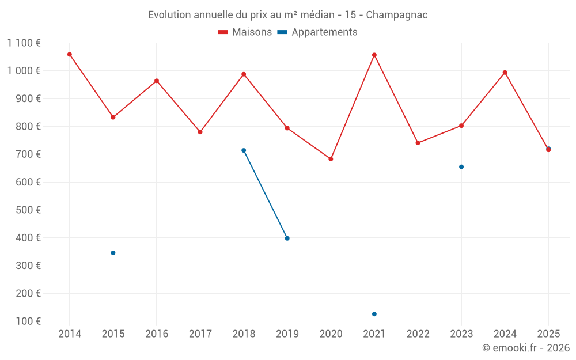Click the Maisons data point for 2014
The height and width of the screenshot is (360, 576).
point(70,55)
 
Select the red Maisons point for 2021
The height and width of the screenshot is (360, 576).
point(374,55)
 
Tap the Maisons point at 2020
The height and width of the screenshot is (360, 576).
point(331,159)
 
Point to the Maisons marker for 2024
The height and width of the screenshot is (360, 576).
point(505,73)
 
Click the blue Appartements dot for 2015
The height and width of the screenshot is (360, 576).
point(113,253)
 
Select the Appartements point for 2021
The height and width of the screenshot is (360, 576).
point(374,314)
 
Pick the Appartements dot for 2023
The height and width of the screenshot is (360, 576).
point(461,167)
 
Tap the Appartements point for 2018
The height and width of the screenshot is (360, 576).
point(244,150)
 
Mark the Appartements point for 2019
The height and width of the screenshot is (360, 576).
point(287,238)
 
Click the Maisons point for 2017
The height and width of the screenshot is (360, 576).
point(200,132)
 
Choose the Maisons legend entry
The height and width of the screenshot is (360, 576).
point(245,32)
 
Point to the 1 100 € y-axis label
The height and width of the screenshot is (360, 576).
point(24,43)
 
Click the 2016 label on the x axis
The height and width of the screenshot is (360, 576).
point(157,334)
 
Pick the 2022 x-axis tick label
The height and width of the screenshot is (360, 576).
point(418,334)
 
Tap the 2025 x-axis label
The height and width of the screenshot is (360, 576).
point(548,334)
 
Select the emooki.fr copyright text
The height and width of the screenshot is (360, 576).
point(526,348)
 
